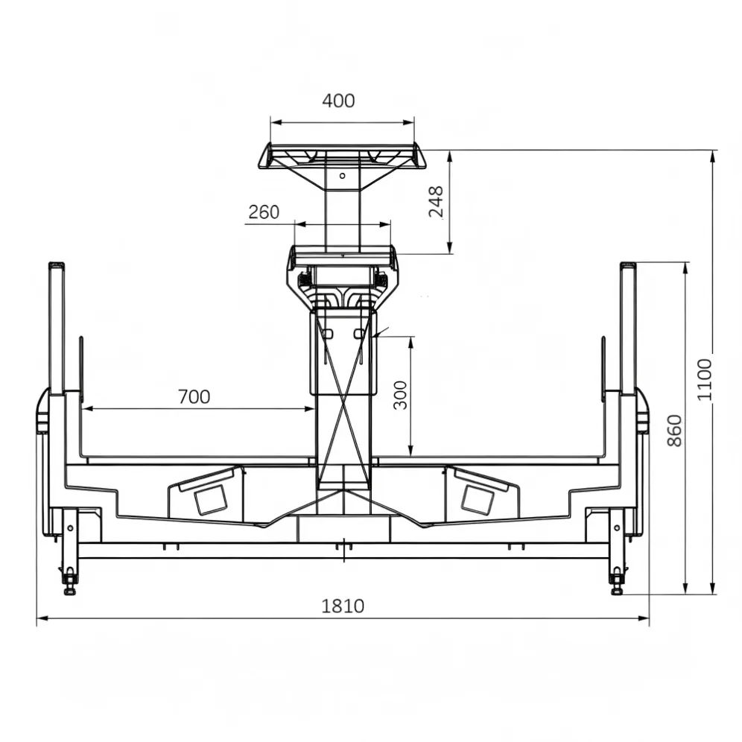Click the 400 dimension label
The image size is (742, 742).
(x=338, y=101)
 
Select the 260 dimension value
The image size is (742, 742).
(x=264, y=212)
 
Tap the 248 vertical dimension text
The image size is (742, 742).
(x=436, y=202)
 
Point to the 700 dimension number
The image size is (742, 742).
(x=194, y=396)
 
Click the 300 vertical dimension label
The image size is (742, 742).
(x=400, y=395)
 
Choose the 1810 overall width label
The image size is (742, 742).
(x=343, y=606)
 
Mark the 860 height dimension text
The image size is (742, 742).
(x=674, y=431)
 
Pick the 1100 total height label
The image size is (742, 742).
(x=705, y=379)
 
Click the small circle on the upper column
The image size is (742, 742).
(x=342, y=176)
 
